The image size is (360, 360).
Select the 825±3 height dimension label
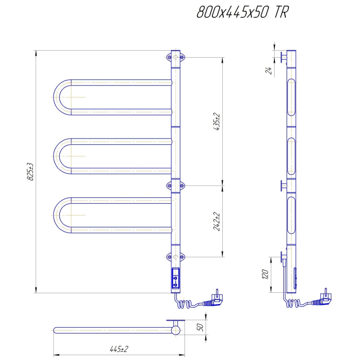(x=30, y=171)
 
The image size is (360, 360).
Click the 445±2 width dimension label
(x=119, y=349)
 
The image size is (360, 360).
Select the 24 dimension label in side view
(x=268, y=70)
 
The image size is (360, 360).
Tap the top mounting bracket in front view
(x=176, y=57)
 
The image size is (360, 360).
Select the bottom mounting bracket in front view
(x=176, y=257)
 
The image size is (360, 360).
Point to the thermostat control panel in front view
(x=176, y=278)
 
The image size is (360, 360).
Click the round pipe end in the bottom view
(x=176, y=330)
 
